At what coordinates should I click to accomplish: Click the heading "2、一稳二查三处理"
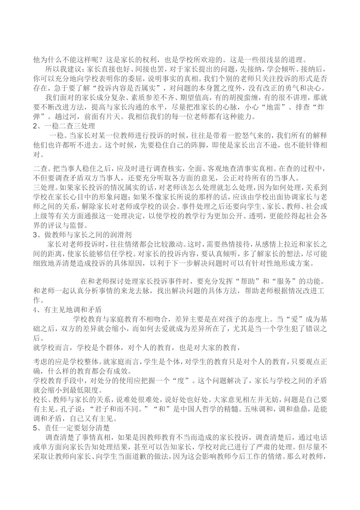coord(64,126)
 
